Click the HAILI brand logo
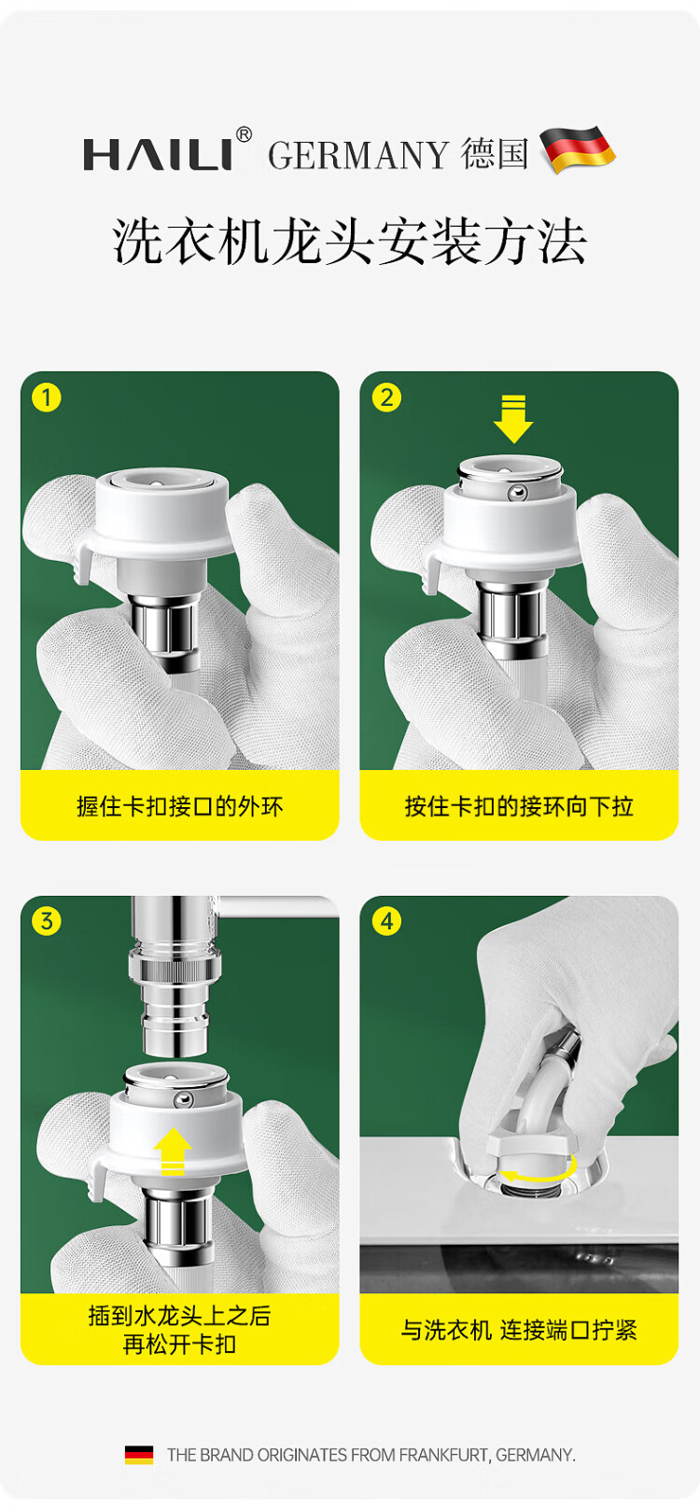coord(158,154)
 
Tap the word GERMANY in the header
coord(358,156)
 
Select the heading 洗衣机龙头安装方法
coord(349,241)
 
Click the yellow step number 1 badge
coord(47,398)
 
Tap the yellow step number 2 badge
coord(386,398)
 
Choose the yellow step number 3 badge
coord(47,921)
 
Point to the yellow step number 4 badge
coord(386,921)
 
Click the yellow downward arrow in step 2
coord(513,419)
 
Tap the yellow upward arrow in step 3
coord(173,1151)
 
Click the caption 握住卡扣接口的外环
coord(180,806)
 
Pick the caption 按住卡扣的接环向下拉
coord(519,806)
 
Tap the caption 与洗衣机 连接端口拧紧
coord(519,1330)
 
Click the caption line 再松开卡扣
coord(180,1345)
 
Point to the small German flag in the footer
coord(139,1455)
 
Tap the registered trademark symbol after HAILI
coord(244,134)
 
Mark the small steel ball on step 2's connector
coord(517,493)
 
